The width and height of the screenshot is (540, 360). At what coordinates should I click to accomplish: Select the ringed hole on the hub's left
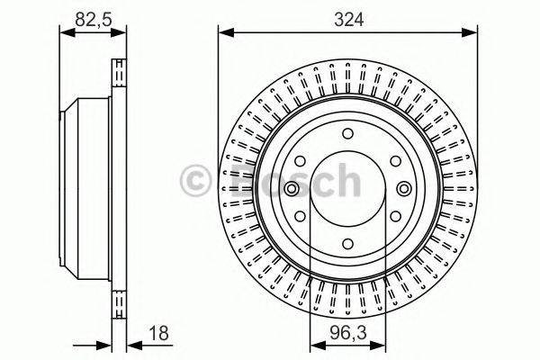click(x=292, y=188)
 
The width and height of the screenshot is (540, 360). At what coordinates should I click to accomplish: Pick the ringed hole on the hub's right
click(x=403, y=188)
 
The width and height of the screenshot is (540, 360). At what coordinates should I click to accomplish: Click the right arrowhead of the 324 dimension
click(x=472, y=34)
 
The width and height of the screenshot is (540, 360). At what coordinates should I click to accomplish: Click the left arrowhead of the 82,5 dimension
click(x=63, y=34)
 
